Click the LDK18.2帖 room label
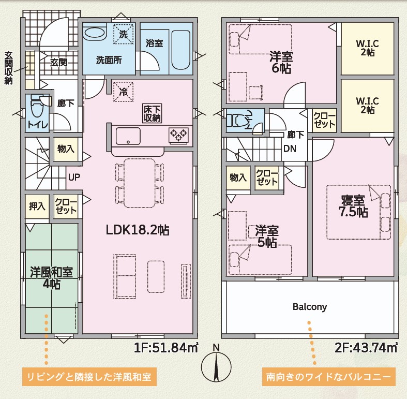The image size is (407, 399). (138, 230)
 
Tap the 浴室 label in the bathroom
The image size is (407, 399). (154, 43)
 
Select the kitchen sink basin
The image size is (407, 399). (128, 136)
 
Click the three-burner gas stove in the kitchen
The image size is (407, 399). (178, 135)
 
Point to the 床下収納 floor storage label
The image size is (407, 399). (153, 113)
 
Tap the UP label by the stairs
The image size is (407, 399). (74, 178)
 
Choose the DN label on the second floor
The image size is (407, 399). (290, 149)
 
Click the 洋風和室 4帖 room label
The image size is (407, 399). (51, 278)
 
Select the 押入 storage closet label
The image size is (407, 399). (37, 206)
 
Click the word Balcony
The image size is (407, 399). (310, 307)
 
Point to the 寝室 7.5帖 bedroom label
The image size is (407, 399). (353, 206)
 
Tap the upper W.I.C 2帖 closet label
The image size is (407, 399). (367, 48)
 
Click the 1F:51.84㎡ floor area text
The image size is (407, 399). (166, 348)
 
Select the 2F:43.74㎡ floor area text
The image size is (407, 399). (366, 348)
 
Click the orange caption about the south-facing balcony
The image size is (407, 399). (328, 377)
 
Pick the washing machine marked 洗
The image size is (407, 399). (124, 34)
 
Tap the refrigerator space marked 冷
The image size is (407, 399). (123, 92)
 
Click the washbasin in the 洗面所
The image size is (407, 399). (95, 33)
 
